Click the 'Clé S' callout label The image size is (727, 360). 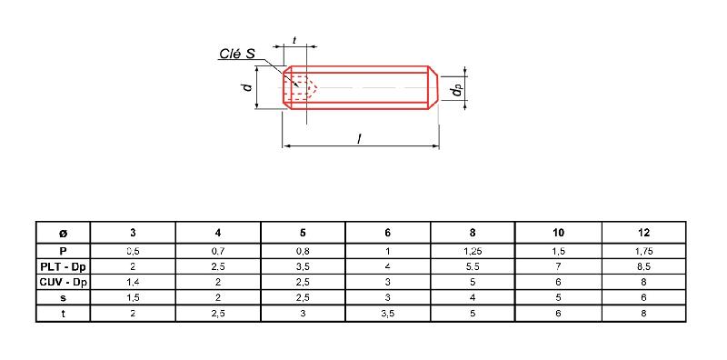click(236, 54)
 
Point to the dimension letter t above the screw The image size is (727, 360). click(294, 40)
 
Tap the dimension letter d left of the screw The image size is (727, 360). click(247, 86)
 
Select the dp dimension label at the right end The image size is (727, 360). click(458, 92)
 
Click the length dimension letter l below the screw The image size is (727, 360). click(359, 139)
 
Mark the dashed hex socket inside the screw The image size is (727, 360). click(303, 87)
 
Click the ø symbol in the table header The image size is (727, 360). click(63, 233)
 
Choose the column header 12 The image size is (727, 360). click(643, 233)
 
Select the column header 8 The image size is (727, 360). click(473, 233)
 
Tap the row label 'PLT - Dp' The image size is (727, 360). click(63, 266)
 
